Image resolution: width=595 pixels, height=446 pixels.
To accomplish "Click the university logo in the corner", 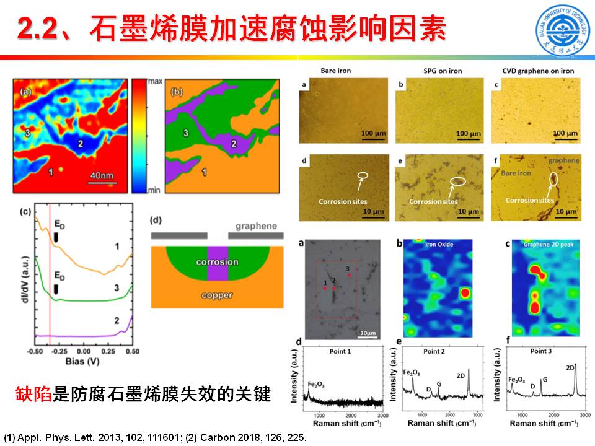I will pyautogui.click(x=562, y=31).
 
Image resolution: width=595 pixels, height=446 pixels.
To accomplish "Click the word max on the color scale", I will pyautogui.click(x=156, y=81).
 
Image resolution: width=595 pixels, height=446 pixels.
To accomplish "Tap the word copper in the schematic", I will pyautogui.click(x=216, y=295).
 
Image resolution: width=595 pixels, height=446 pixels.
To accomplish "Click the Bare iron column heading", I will pyautogui.click(x=335, y=71).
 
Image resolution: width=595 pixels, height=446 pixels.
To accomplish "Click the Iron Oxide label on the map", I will pyautogui.click(x=439, y=245).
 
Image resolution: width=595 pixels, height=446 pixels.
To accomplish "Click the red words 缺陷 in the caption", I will pyautogui.click(x=34, y=394).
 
